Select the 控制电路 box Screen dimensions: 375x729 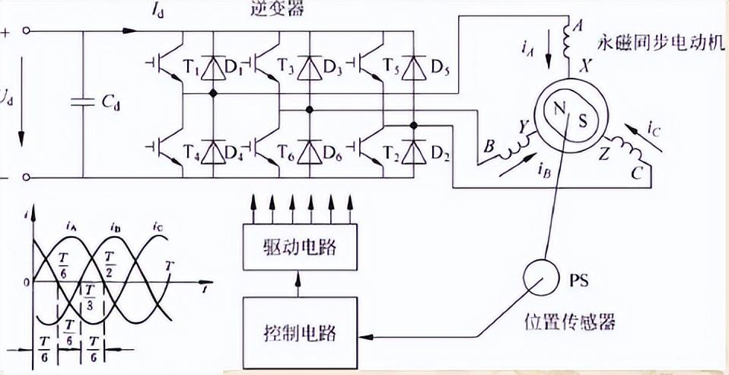[x=298, y=333]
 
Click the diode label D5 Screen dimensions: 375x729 [x=440, y=72]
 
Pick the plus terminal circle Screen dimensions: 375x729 [x=27, y=31]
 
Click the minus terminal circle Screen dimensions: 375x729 [x=27, y=177]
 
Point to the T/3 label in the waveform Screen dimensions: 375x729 [x=90, y=296]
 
